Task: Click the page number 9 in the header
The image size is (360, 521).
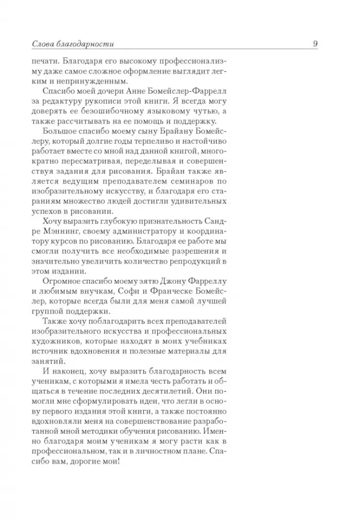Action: coord(315,44)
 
